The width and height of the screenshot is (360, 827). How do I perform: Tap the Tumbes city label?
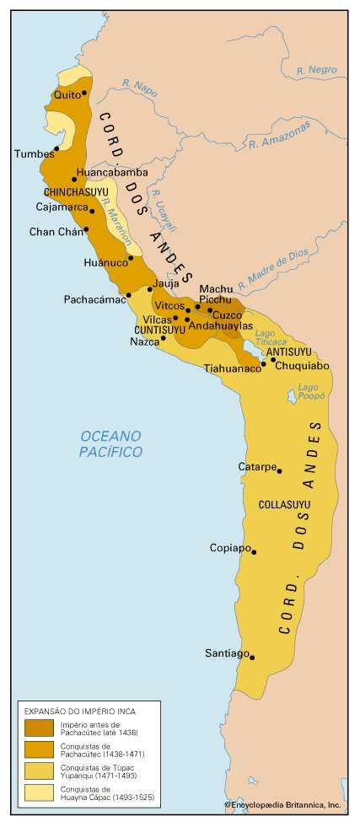point(33,153)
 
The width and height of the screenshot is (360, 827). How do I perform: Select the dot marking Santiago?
point(252,658)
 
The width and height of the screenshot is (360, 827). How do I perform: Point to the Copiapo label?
point(229,548)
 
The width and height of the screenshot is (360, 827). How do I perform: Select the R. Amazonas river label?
point(279,135)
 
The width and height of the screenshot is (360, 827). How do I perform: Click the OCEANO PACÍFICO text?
point(110,443)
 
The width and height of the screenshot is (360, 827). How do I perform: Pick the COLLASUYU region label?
point(284,505)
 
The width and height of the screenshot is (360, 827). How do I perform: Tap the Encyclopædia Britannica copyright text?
point(282,805)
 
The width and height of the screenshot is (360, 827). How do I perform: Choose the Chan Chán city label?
point(53,231)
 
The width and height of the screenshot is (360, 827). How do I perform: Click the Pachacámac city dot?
point(128,295)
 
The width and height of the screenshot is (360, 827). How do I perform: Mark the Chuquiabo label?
point(302,366)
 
